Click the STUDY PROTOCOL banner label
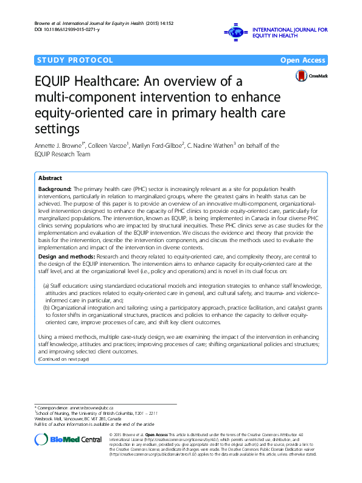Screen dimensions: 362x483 pyautogui.click(x=74, y=60)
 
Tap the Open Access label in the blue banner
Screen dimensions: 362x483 pyautogui.click(x=303, y=60)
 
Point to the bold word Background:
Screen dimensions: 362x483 pyautogui.click(x=55, y=190)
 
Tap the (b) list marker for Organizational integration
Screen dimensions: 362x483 pyautogui.click(x=46, y=308)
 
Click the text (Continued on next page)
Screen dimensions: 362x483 pyautogui.click(x=63, y=359)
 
